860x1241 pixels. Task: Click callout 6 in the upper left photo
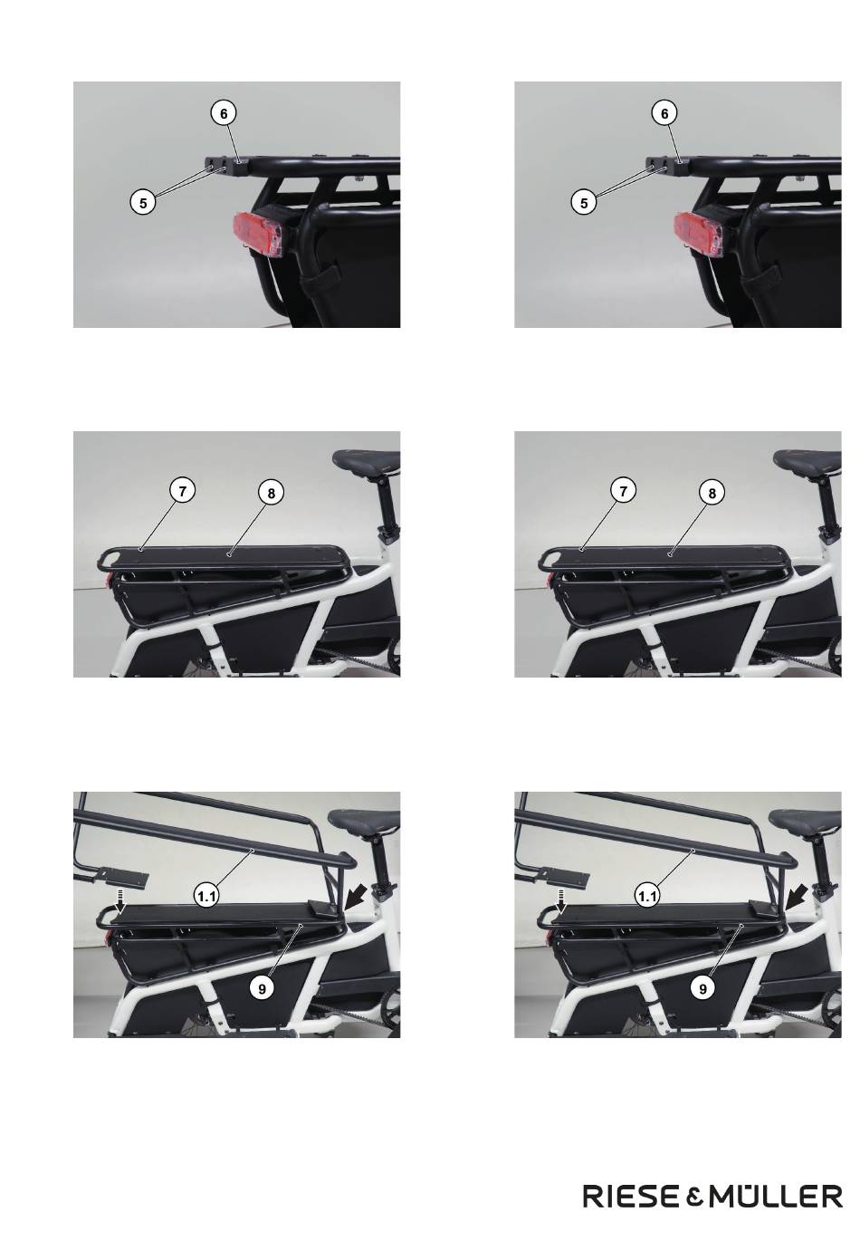224,113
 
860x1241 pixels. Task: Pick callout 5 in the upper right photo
584,203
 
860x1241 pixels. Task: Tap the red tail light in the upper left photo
259,235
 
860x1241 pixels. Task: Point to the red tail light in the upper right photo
700,235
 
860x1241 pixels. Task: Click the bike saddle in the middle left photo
367,459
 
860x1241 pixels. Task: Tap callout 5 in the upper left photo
143,203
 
